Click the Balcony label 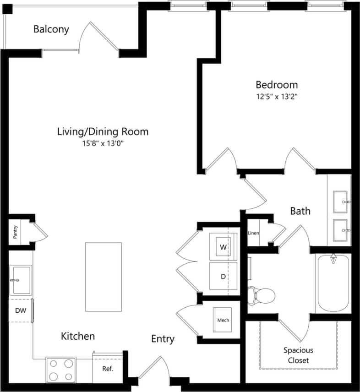(x=51, y=29)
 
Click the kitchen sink (x=20, y=280)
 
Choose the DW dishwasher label (x=20, y=310)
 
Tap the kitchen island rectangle (x=103, y=277)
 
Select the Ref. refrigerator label (x=107, y=369)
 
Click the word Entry (x=163, y=339)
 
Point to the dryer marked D (x=223, y=276)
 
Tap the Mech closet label (x=223, y=320)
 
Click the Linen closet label (x=253, y=233)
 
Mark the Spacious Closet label (x=298, y=355)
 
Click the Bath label (x=300, y=211)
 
